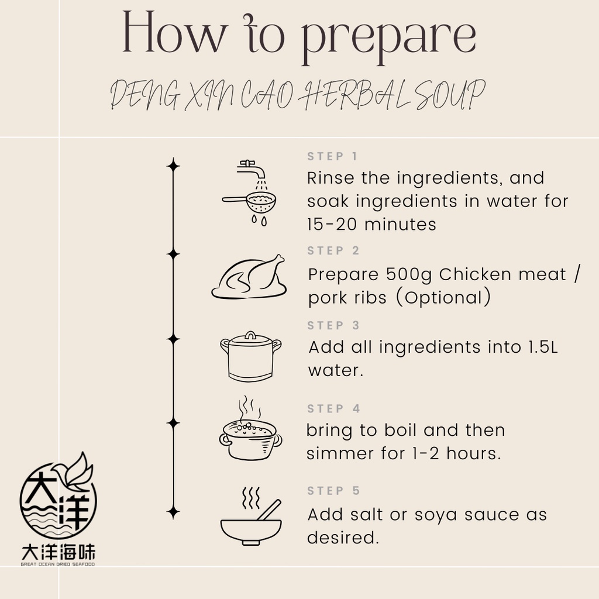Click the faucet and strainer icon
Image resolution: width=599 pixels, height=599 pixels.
point(249,193)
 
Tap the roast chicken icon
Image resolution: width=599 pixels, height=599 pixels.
point(249,277)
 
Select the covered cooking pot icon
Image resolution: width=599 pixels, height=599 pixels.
point(250,356)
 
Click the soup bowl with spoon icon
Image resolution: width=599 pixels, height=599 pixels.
point(251,516)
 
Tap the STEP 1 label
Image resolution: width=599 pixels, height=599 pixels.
point(332,156)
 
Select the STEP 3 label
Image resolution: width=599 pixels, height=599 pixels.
point(333,325)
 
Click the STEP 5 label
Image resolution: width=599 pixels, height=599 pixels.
point(333,491)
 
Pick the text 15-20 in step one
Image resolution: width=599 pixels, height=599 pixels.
point(332,224)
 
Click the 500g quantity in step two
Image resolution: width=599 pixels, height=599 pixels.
point(409,275)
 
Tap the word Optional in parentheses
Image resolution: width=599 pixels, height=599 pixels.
point(443,298)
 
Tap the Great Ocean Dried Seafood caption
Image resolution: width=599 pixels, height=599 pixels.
point(58,564)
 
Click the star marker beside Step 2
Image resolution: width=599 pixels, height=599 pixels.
point(173,254)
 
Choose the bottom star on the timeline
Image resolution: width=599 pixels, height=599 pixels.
point(173,512)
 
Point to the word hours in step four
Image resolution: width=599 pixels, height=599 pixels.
point(474,453)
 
